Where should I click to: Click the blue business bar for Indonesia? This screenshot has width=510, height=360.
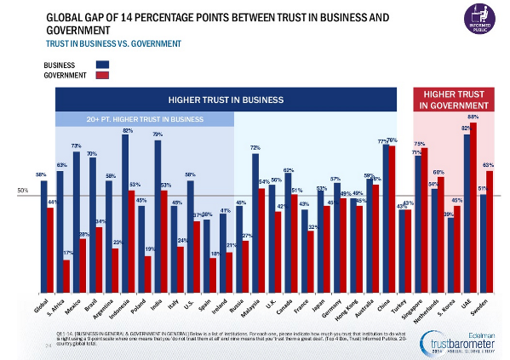125,214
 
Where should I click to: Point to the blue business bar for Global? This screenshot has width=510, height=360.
43,235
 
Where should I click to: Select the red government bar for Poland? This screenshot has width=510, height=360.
148,272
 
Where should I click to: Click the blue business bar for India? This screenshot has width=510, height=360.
158,216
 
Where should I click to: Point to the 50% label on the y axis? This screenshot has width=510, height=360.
24,191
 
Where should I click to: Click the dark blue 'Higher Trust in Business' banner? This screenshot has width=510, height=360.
226,100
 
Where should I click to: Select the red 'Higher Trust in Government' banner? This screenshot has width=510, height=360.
454,100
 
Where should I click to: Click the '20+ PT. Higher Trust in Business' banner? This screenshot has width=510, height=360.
144,119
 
